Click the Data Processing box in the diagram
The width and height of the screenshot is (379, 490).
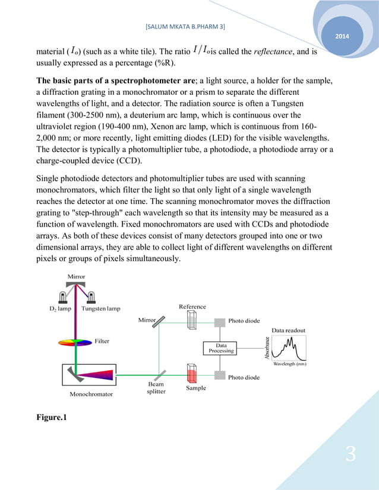(221, 348)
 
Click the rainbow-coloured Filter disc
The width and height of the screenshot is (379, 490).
(75, 342)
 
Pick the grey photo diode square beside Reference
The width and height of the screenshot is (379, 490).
(219, 321)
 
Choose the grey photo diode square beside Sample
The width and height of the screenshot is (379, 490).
(219, 376)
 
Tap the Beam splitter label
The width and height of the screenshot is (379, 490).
(156, 388)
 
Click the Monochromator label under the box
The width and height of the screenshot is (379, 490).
(91, 393)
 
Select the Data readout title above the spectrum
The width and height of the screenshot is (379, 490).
(289, 330)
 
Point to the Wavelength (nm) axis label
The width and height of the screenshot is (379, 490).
(290, 365)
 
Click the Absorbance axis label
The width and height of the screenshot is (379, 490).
(268, 348)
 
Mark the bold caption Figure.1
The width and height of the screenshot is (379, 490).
(52, 418)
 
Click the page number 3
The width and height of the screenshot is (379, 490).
(350, 455)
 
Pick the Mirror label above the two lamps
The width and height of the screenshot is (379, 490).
(76, 276)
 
